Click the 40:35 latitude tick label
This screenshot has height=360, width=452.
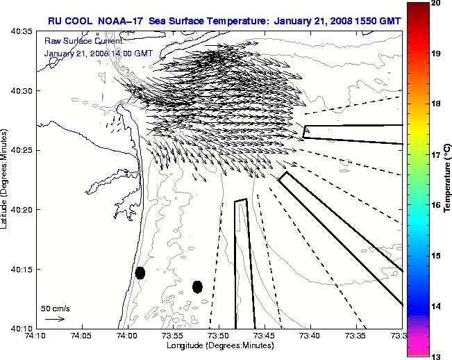(21, 32)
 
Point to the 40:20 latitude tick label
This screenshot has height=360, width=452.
(21, 210)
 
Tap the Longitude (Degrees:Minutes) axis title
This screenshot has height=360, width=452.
(219, 346)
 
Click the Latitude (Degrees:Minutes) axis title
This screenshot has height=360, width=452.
(6, 179)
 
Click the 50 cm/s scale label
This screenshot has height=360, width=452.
(56, 308)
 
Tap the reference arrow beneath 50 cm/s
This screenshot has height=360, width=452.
(55, 319)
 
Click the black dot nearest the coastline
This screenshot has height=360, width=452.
(140, 272)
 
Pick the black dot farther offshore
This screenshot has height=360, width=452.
(197, 286)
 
